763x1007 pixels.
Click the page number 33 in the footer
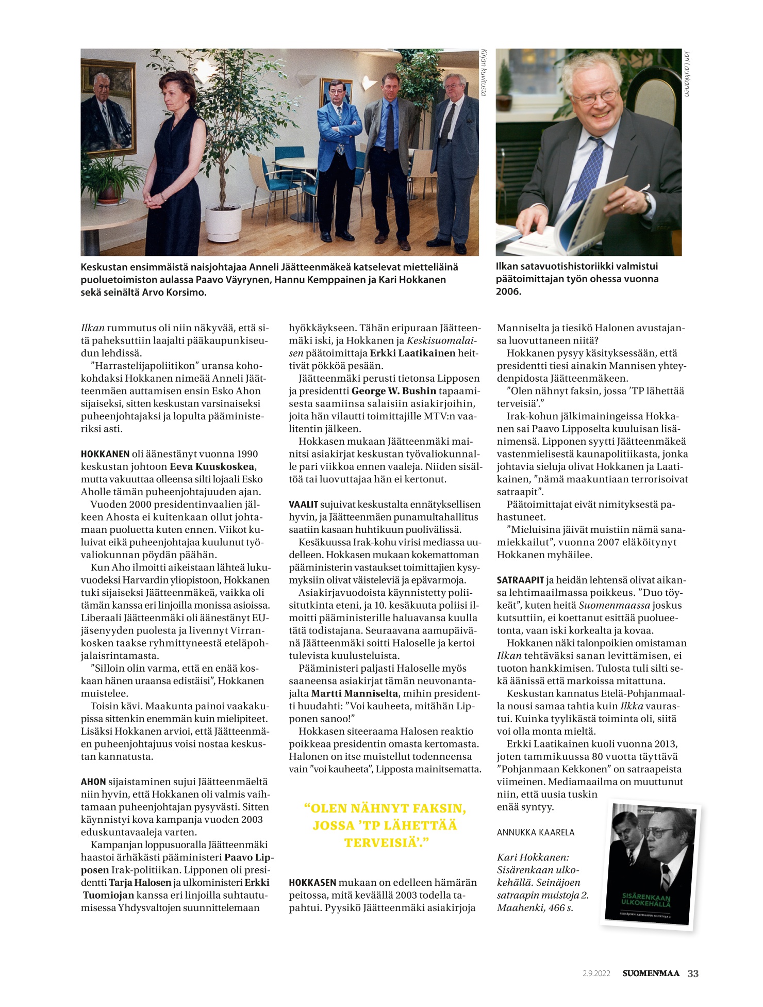pyautogui.click(x=693, y=973)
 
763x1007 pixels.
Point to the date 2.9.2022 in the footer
pyautogui.click(x=596, y=973)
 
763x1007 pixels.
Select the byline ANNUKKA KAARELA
pyautogui.click(x=535, y=832)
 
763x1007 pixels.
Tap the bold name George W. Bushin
pyautogui.click(x=394, y=391)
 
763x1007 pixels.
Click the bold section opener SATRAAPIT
pyautogui.click(x=520, y=580)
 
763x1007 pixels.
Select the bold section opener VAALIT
pyautogui.click(x=303, y=505)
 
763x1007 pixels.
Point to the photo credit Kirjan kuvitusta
pyautogui.click(x=484, y=72)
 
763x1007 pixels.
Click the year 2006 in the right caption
pyautogui.click(x=508, y=292)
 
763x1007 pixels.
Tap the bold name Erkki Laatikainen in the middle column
pyautogui.click(x=412, y=353)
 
